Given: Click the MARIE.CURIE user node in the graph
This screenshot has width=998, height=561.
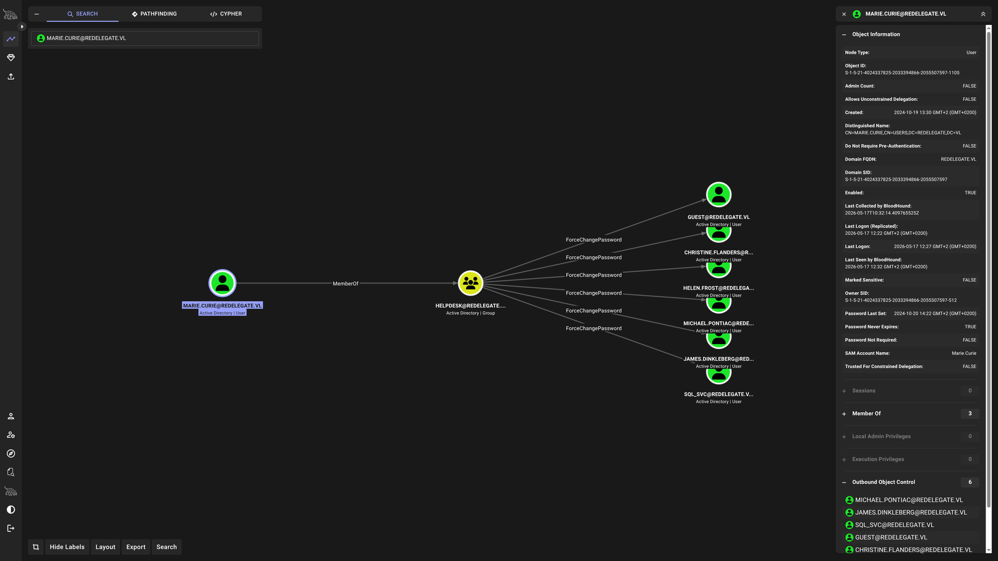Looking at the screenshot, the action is coord(222,283).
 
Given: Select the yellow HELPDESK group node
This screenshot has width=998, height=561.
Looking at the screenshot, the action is coord(471,283).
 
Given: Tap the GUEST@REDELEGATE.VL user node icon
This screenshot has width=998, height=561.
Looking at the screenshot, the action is coord(719,194).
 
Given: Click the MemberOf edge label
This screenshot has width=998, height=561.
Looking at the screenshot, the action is coord(345,284).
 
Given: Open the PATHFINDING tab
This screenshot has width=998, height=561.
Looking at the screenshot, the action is coord(154,14).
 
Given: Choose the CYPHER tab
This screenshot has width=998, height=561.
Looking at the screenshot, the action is coord(226,14).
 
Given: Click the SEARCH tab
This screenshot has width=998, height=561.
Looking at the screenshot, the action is coord(83,14).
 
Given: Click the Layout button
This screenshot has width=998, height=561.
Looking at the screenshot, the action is coord(105,547).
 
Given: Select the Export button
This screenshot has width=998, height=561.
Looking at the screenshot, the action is coord(136,547).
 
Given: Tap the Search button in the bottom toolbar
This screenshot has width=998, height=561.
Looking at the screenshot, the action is coord(167,547).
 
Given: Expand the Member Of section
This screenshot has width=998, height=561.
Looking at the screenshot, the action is coord(866,413).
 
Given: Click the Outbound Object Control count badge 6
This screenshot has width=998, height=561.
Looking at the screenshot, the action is coord(970,482).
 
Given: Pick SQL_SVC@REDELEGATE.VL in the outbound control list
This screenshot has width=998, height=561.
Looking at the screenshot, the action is coord(894,525).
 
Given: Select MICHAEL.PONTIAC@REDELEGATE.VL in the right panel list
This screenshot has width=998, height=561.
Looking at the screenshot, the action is coord(909,500).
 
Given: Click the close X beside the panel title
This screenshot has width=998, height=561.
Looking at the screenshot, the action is coord(844,14).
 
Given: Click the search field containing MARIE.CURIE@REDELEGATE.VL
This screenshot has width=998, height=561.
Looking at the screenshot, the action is coord(145,38).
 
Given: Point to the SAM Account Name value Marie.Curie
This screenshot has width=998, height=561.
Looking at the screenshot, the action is coord(964,353).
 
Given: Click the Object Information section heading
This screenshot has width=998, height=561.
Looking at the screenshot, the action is coord(876,34).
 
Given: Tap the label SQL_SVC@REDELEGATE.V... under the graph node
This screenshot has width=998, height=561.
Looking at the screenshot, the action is coord(719,394).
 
